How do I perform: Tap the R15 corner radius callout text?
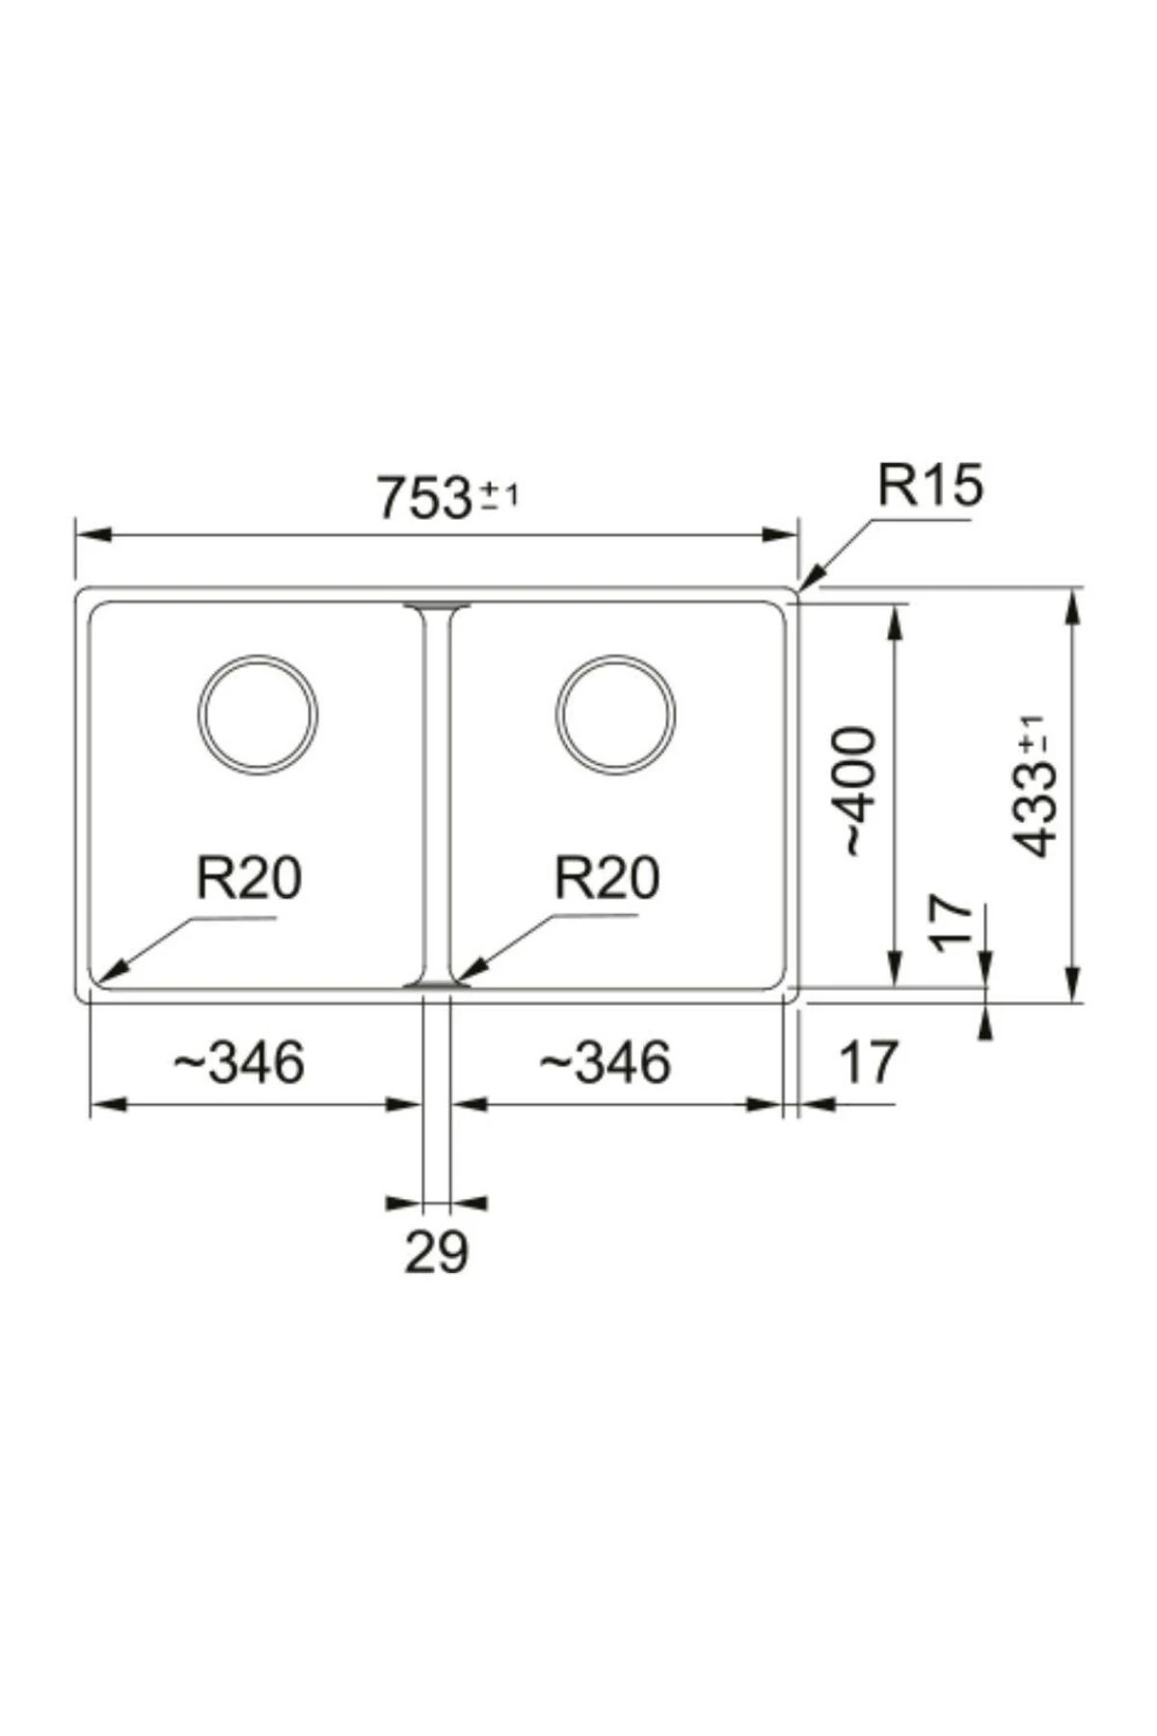[929, 485]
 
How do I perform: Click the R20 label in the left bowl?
[249, 878]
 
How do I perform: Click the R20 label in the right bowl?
[606, 878]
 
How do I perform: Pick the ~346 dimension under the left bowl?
[239, 1062]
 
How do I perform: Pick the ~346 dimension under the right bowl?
[605, 1062]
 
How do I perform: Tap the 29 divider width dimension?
[436, 1252]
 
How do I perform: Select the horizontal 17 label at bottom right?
[868, 1062]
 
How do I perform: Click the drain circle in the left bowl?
[258, 715]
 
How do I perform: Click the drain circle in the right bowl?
[616, 715]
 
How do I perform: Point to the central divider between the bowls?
[437, 796]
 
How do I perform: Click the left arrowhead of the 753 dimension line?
[92, 535]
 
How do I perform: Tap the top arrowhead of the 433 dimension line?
[1073, 608]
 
